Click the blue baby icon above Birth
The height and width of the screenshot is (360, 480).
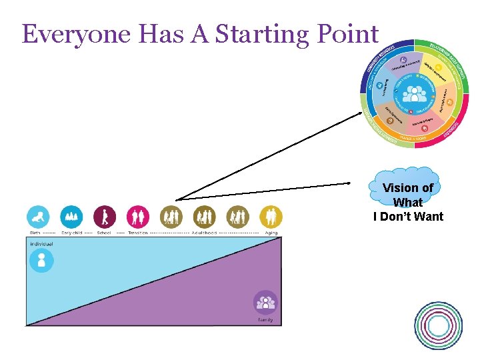(x=38, y=217)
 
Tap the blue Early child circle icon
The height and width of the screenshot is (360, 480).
(x=71, y=217)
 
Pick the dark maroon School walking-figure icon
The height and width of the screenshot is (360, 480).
(x=105, y=217)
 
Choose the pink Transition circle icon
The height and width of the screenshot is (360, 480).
(x=138, y=217)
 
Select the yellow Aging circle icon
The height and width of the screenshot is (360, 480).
(x=271, y=217)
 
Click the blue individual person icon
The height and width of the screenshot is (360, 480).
(x=41, y=260)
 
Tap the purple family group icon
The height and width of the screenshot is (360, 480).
(x=265, y=303)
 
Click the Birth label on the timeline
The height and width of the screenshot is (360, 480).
(x=35, y=233)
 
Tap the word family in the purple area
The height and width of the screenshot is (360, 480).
(x=265, y=320)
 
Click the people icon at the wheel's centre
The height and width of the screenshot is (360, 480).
(x=414, y=94)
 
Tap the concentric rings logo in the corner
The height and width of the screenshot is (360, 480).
(x=438, y=325)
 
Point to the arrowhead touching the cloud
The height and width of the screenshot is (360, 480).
(x=349, y=183)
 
